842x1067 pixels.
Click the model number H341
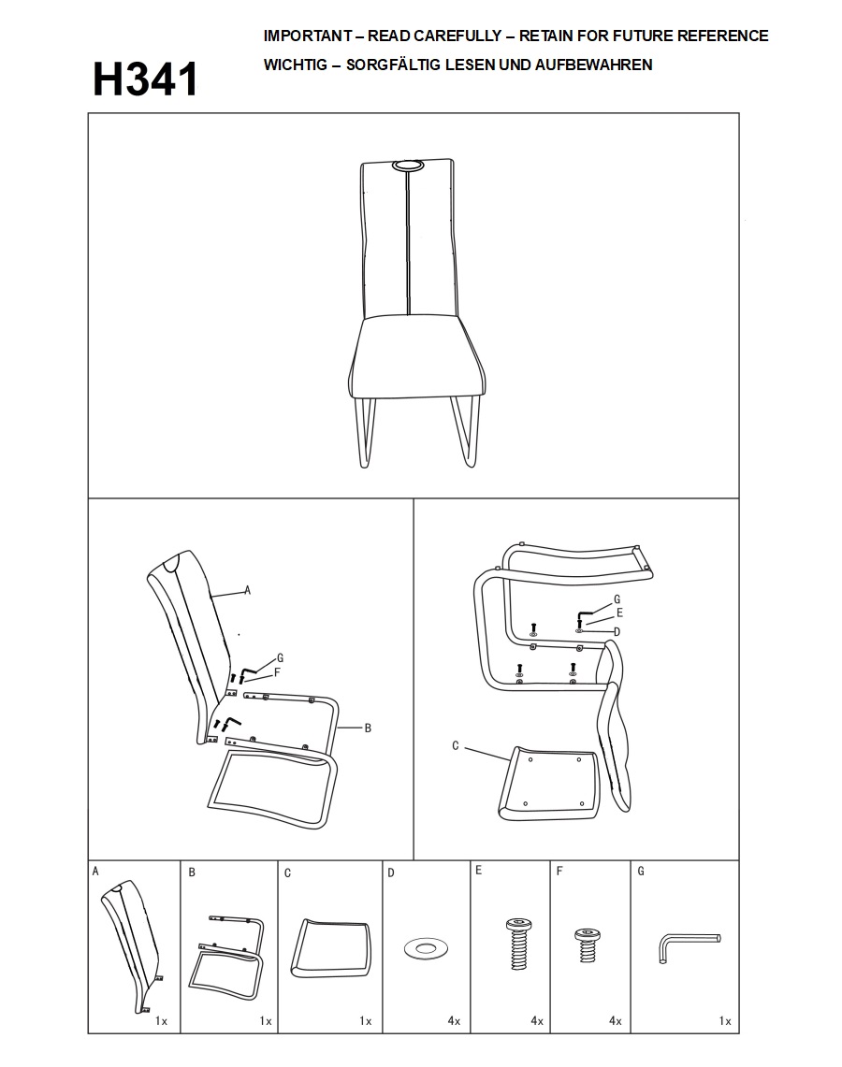point(145,79)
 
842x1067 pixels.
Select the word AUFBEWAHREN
point(593,65)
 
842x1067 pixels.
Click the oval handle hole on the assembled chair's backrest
point(406,166)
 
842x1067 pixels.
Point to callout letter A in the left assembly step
point(247,590)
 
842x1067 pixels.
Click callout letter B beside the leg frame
point(368,728)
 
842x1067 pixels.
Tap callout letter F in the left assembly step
point(277,672)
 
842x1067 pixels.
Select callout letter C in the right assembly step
point(456,746)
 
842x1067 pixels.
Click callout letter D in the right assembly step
point(617,632)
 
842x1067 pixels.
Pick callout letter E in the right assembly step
point(619,613)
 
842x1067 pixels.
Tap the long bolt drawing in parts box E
point(518,944)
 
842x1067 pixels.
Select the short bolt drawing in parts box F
point(587,945)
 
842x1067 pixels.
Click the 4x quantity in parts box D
point(454,1021)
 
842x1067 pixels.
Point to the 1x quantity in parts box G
point(725,1021)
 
